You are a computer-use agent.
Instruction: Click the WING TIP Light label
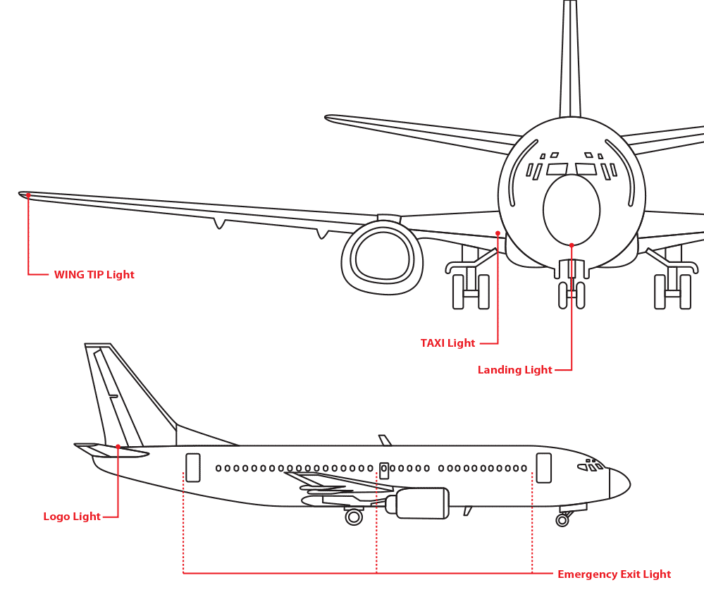pyautogui.click(x=94, y=275)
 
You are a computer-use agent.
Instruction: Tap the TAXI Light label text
pyautogui.click(x=447, y=343)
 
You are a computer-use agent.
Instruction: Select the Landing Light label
pyautogui.click(x=514, y=370)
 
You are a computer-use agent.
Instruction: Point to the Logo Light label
pyautogui.click(x=72, y=517)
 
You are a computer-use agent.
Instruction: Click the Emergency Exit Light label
pyautogui.click(x=614, y=574)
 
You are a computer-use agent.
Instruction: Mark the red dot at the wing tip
pyautogui.click(x=28, y=195)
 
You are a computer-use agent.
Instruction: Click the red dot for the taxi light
pyautogui.click(x=498, y=233)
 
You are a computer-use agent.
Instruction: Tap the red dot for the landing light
pyautogui.click(x=572, y=245)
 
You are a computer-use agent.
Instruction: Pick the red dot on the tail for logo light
pyautogui.click(x=118, y=447)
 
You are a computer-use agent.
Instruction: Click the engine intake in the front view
pyautogui.click(x=383, y=255)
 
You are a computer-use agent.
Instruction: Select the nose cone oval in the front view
pyautogui.click(x=572, y=209)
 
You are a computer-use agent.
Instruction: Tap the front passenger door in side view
pyautogui.click(x=543, y=468)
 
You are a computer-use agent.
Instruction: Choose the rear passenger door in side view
pyautogui.click(x=193, y=467)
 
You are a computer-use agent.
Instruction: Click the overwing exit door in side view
pyautogui.click(x=384, y=470)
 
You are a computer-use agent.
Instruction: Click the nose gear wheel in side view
pyautogui.click(x=562, y=520)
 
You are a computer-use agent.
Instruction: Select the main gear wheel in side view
pyautogui.click(x=354, y=517)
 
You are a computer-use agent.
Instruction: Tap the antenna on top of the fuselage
pyautogui.click(x=385, y=440)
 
